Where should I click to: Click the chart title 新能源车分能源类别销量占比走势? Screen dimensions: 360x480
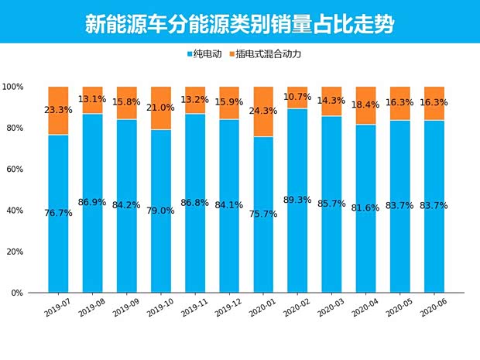click(239, 23)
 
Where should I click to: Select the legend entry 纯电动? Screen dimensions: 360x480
click(207, 54)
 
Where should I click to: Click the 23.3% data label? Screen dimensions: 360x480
click(58, 110)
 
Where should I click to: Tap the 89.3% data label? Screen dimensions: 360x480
click(297, 200)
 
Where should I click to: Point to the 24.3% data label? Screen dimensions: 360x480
click(263, 109)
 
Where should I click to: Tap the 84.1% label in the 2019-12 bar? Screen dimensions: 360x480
click(229, 205)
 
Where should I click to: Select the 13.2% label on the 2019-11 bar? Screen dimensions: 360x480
click(195, 99)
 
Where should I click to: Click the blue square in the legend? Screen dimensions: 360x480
click(190, 54)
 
